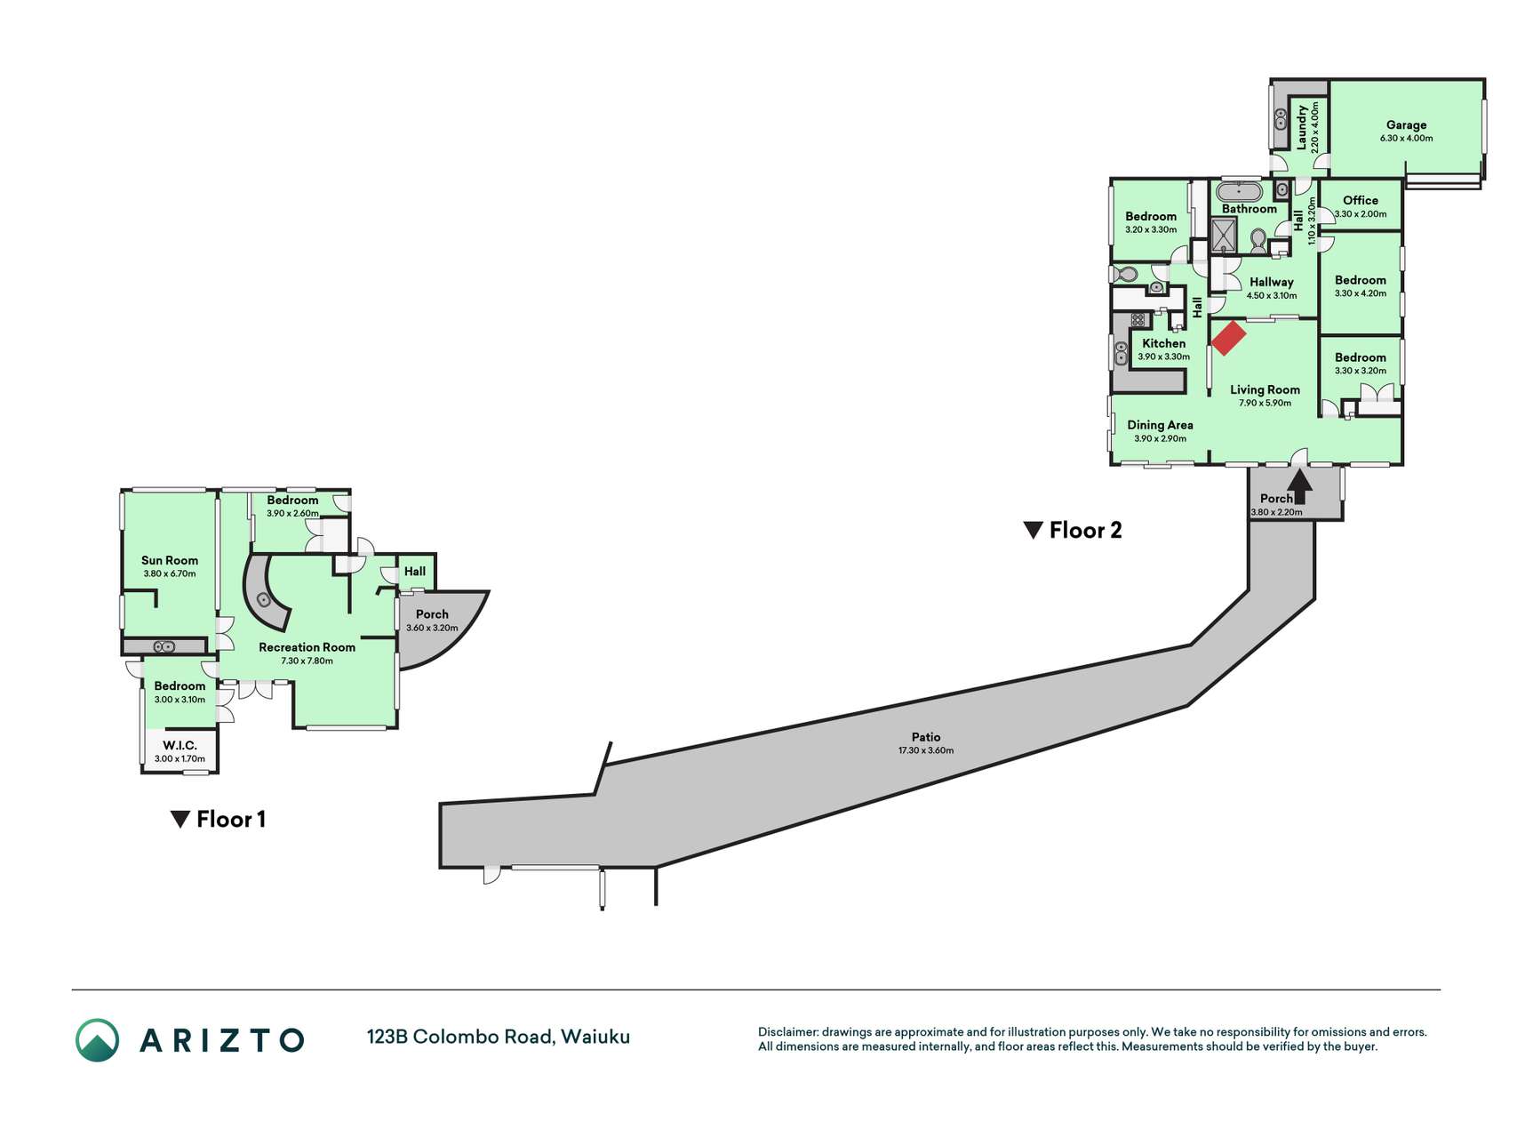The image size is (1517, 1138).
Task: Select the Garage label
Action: click(x=1406, y=125)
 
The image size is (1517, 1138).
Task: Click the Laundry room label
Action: click(x=1302, y=127)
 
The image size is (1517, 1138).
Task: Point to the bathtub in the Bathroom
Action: click(x=1239, y=191)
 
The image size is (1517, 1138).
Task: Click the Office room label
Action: click(x=1361, y=200)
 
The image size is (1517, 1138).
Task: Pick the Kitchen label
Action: click(x=1163, y=343)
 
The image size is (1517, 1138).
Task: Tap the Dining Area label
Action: click(x=1160, y=425)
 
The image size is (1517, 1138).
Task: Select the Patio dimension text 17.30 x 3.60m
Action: click(x=926, y=750)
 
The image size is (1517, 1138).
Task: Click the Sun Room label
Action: click(x=170, y=560)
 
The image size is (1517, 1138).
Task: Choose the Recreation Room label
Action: click(x=307, y=647)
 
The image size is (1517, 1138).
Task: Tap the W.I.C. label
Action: click(x=180, y=745)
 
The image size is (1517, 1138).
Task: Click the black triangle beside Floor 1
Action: click(x=180, y=820)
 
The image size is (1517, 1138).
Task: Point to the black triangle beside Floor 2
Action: click(x=1033, y=531)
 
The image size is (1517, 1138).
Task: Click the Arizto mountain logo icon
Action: click(x=97, y=1039)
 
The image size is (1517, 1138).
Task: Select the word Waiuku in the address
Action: click(x=595, y=1037)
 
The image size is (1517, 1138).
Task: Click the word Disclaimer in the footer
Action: click(x=788, y=1032)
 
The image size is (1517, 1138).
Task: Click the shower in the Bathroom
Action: click(x=1224, y=236)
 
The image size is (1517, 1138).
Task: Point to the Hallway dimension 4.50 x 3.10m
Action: click(x=1272, y=296)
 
